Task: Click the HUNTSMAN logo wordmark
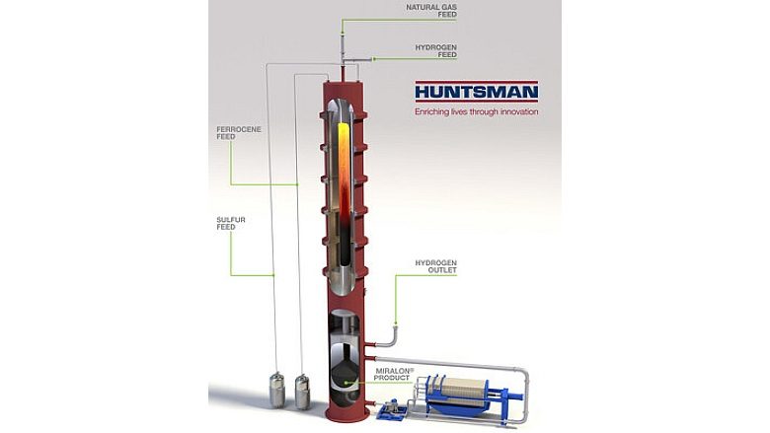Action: pos(476,93)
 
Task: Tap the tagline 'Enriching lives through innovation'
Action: pos(476,112)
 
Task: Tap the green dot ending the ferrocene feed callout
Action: pos(296,184)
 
